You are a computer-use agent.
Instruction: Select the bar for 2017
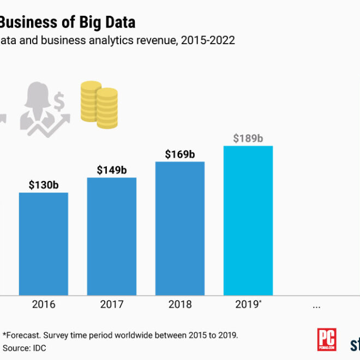tap(112, 236)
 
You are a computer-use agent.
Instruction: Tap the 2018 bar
tap(180, 229)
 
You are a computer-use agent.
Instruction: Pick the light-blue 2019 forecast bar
tap(248, 220)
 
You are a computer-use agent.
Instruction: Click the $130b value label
tap(44, 185)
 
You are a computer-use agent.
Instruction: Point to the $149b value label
tap(112, 170)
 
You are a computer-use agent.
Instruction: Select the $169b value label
tap(180, 154)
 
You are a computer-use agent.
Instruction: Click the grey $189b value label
tap(248, 139)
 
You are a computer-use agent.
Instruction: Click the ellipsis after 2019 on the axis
tap(316, 306)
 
